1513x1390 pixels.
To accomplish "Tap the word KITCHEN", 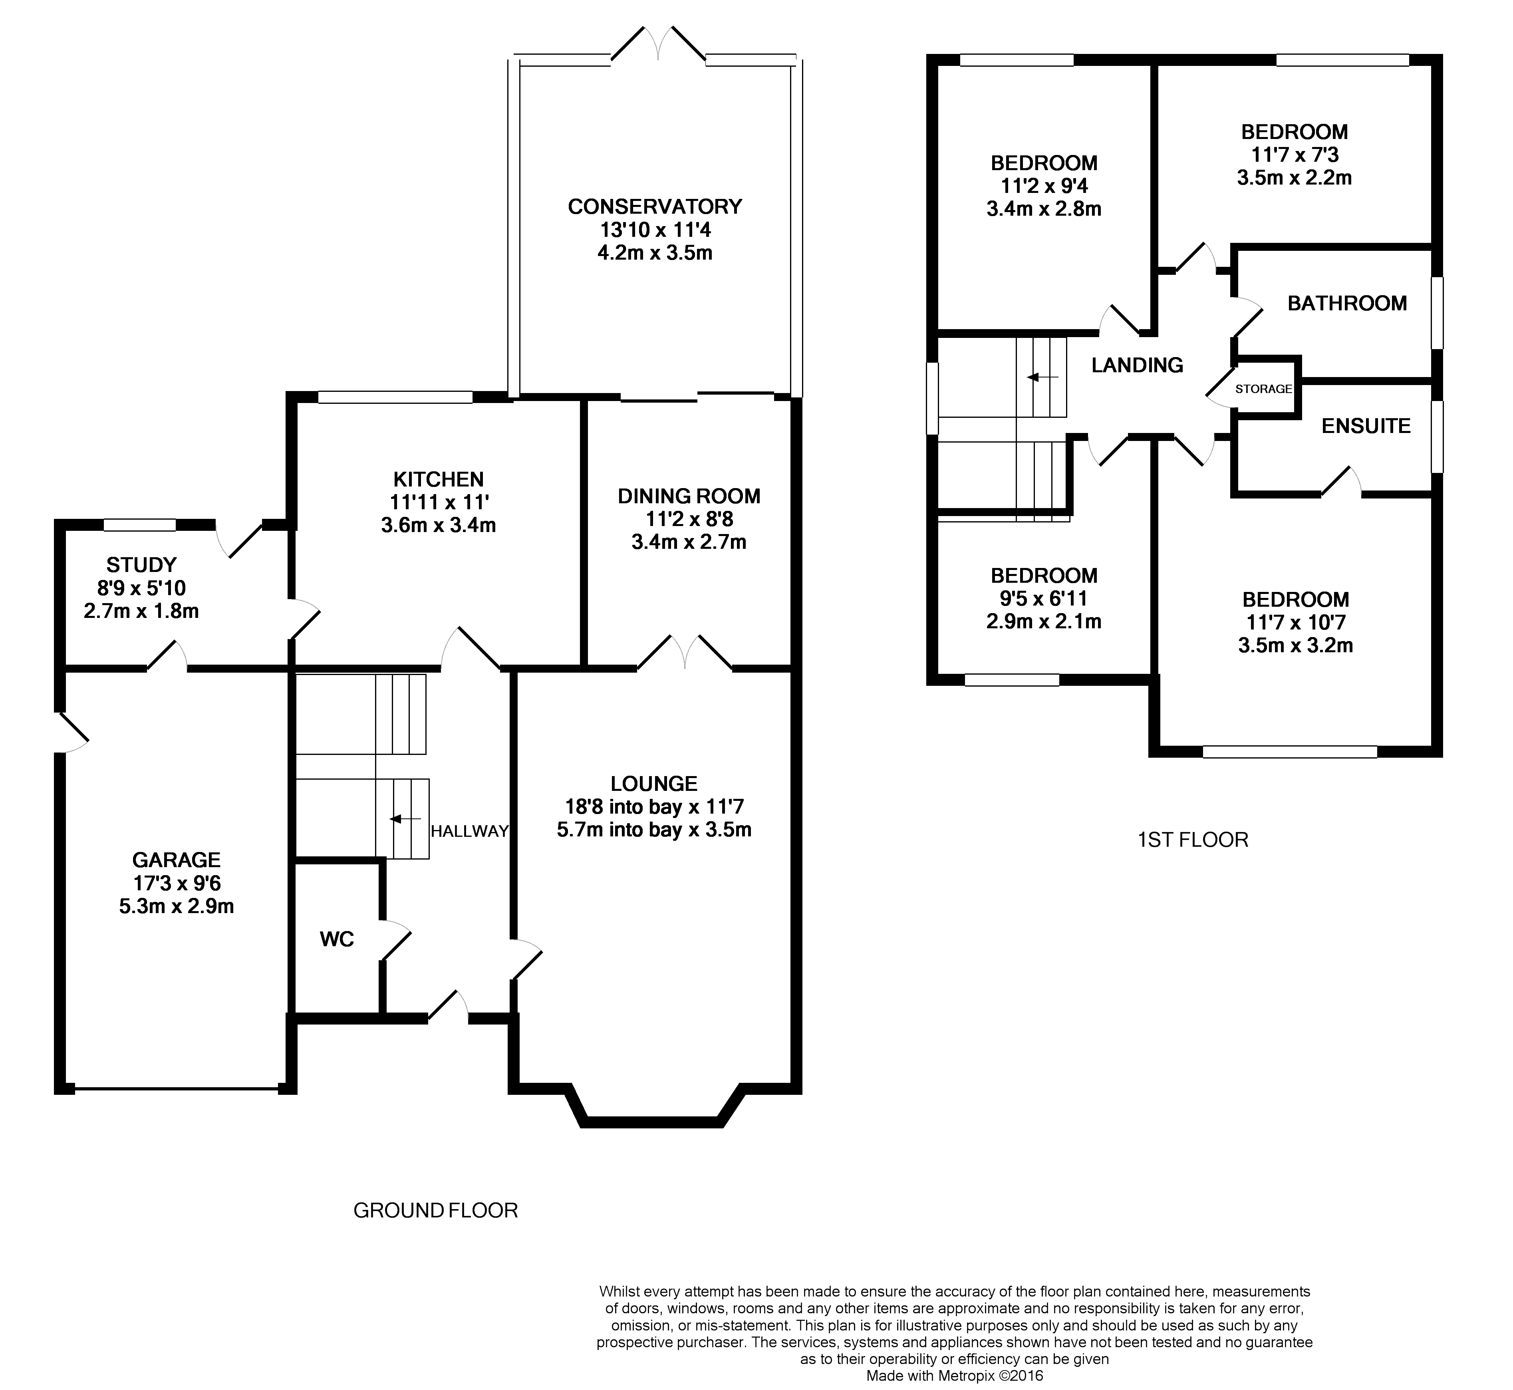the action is click(x=439, y=479).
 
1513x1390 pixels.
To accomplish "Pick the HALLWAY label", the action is click(x=469, y=831).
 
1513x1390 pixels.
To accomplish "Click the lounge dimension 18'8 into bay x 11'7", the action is click(x=654, y=807).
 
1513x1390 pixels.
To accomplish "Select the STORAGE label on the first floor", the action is click(x=1263, y=389).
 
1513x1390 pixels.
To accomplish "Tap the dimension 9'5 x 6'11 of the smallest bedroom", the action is click(x=1044, y=599).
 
